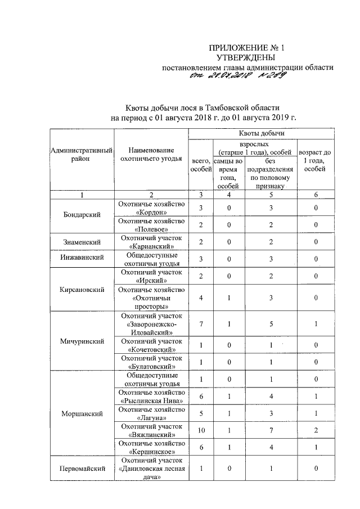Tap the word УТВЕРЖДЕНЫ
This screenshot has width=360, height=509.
246,58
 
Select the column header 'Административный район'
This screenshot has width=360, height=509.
82,155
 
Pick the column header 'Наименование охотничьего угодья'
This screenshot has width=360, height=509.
150,155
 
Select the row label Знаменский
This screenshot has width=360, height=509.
82,242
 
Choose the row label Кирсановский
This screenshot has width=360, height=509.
82,290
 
